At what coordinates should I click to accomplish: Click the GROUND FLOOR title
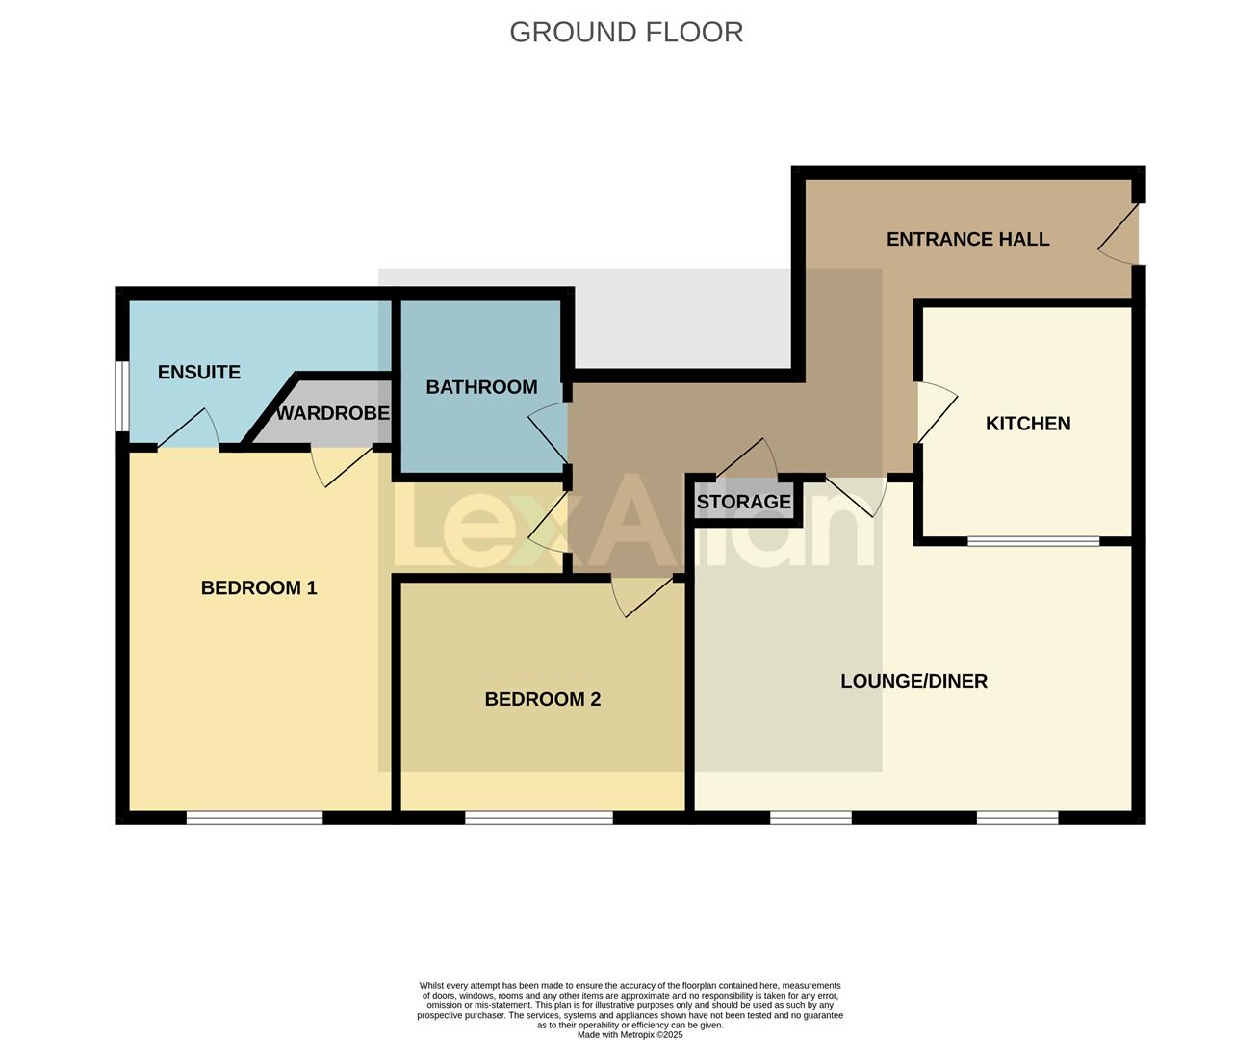click(626, 32)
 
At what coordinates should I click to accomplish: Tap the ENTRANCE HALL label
click(967, 239)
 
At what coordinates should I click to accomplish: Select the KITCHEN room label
click(1027, 424)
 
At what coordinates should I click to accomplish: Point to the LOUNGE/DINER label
click(913, 681)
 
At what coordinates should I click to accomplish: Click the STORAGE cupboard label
click(743, 502)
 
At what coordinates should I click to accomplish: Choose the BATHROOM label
click(481, 387)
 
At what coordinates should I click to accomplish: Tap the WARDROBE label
click(332, 413)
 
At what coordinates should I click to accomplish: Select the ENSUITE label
click(198, 372)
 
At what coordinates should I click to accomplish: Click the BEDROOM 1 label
click(258, 587)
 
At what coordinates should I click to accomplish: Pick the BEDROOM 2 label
click(542, 699)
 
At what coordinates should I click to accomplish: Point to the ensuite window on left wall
click(121, 396)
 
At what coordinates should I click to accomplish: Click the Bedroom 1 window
click(254, 818)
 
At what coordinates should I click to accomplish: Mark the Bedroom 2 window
click(538, 818)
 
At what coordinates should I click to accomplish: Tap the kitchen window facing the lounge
click(1033, 541)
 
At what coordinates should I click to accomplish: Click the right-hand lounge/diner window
click(1017, 818)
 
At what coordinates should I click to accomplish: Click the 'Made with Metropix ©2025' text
click(630, 1035)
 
